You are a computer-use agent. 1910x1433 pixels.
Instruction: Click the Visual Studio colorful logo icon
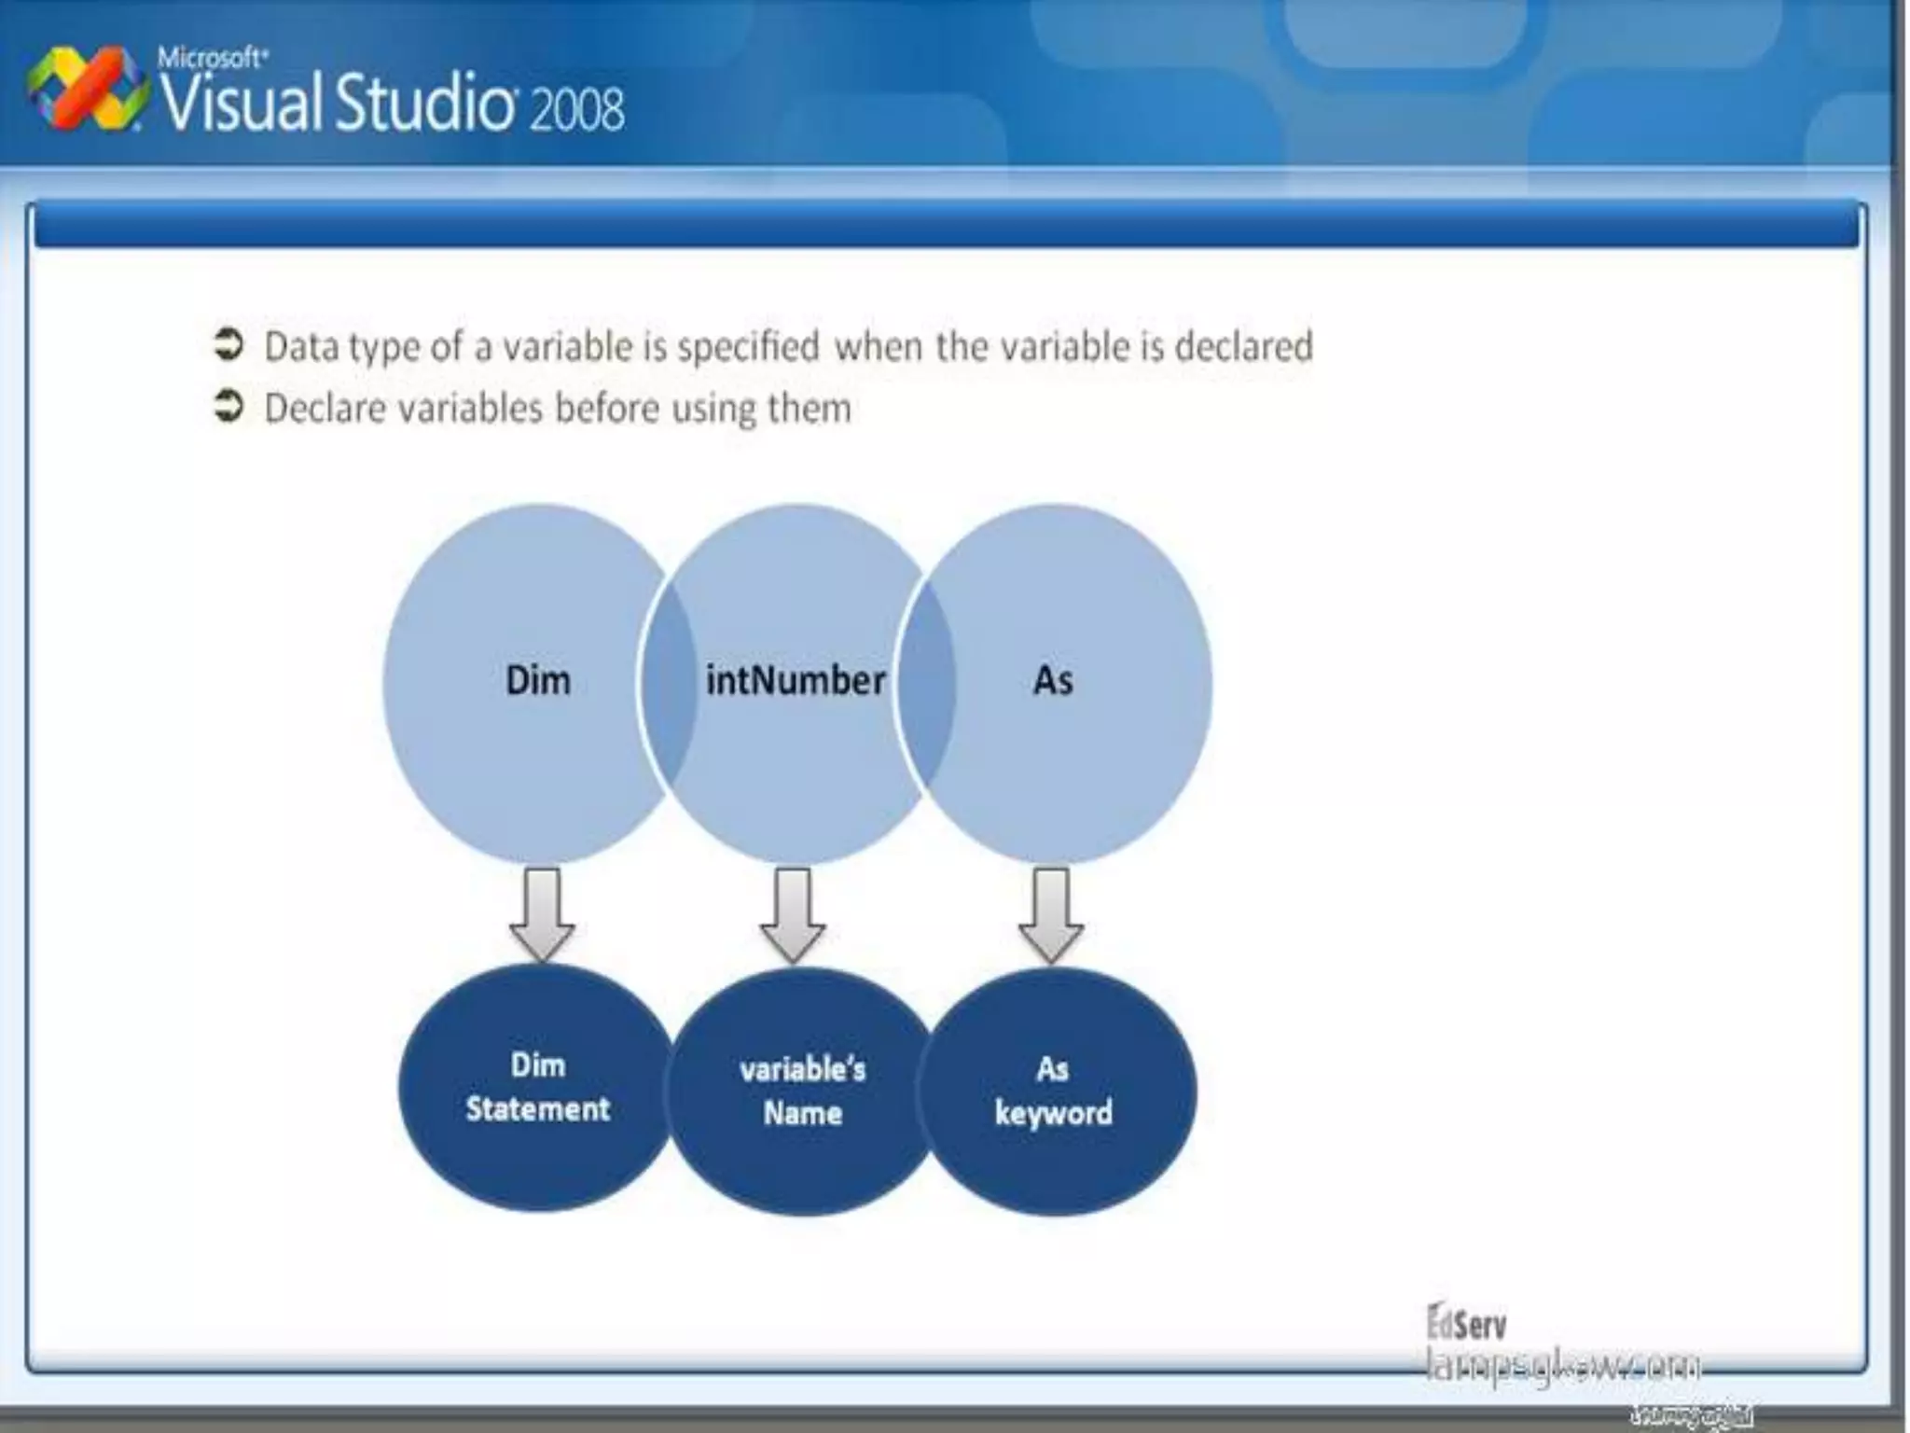(x=86, y=91)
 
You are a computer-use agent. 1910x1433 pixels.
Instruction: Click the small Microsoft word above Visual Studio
(x=212, y=58)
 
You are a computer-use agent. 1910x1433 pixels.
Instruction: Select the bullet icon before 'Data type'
(x=228, y=345)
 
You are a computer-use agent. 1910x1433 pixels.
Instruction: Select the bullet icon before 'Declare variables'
(x=228, y=407)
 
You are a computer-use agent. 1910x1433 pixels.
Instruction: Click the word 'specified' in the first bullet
(x=748, y=347)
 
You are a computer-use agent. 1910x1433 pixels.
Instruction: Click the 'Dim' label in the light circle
(x=537, y=680)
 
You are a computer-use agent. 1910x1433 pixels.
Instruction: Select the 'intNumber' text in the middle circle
(x=795, y=680)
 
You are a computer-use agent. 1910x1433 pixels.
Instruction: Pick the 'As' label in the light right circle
(x=1053, y=680)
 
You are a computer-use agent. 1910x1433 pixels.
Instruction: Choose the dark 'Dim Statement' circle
(x=537, y=1088)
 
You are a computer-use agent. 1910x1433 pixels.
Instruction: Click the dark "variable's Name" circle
(x=802, y=1092)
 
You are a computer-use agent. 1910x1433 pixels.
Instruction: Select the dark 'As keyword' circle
(x=1054, y=1092)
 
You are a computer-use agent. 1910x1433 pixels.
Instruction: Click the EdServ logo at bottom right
(x=1466, y=1323)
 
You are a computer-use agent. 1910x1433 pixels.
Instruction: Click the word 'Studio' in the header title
(x=424, y=103)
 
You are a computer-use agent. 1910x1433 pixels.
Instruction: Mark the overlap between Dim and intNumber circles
(x=668, y=683)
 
